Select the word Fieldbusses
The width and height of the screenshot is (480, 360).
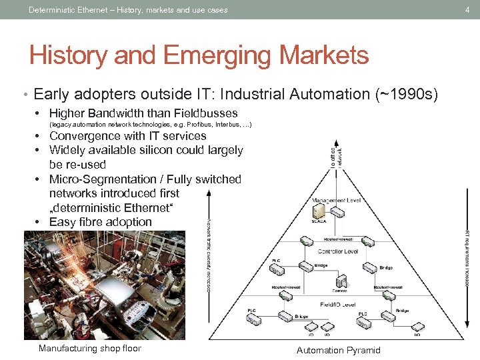tap(201, 113)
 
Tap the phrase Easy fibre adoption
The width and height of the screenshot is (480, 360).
tap(100, 221)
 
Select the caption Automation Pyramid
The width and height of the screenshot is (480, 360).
tap(338, 350)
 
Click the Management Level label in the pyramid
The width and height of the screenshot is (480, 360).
tap(337, 199)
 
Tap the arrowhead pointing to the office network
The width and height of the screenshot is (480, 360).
tap(337, 141)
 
